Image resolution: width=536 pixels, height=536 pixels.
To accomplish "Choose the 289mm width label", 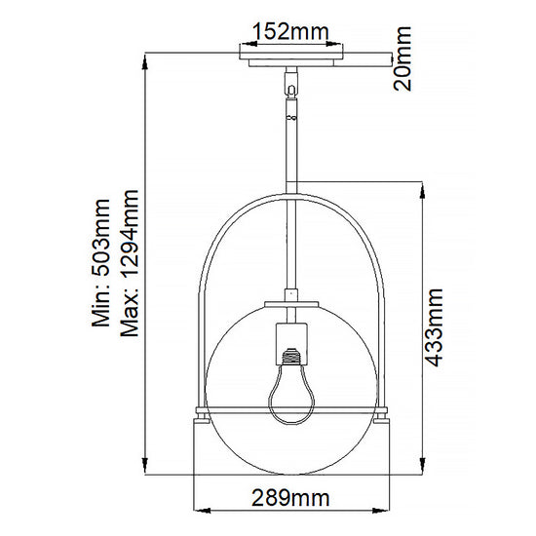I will (x=289, y=498).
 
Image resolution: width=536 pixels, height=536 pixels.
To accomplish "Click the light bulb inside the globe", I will (x=289, y=395).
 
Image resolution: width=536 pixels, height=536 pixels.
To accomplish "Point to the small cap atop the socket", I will (x=289, y=296).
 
